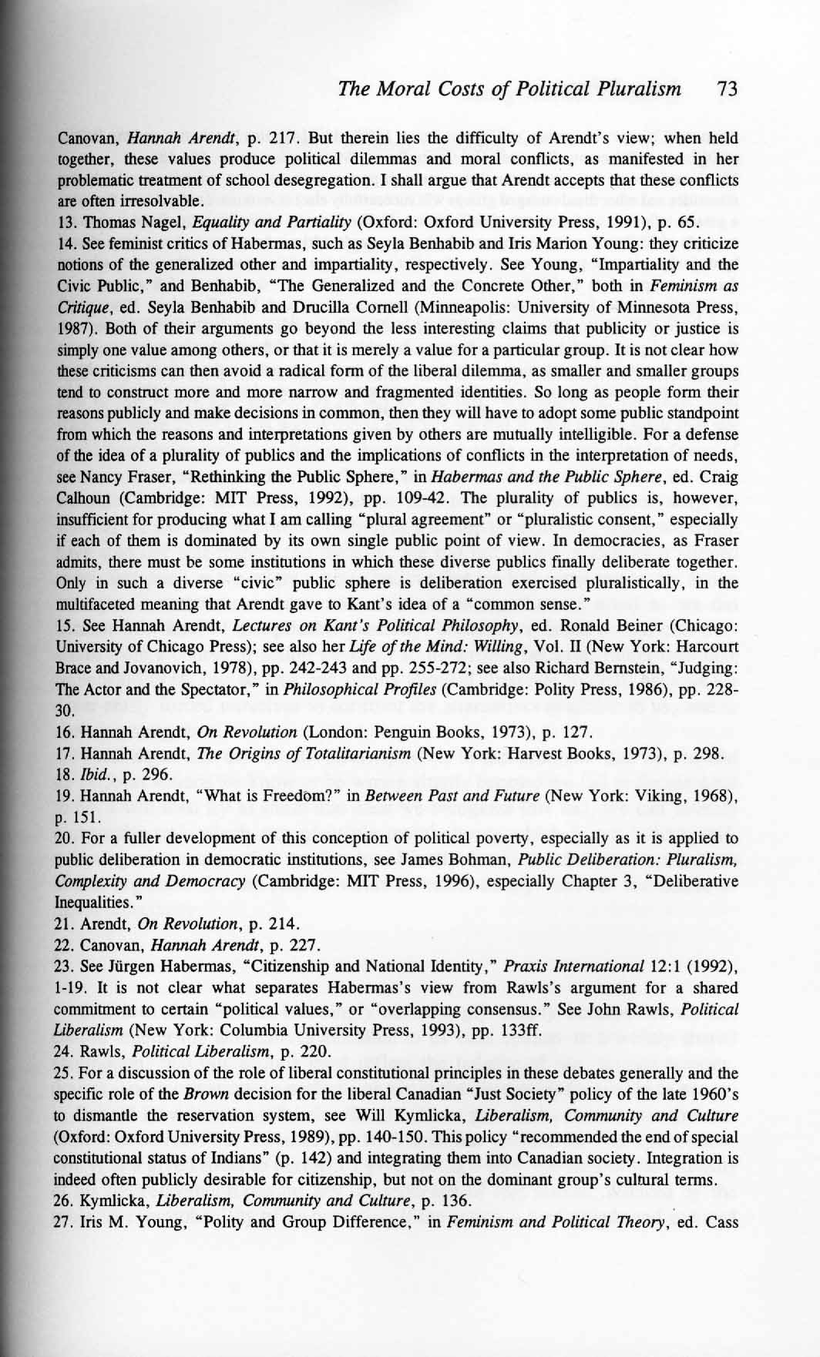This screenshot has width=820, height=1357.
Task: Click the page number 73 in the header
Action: [x=727, y=89]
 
